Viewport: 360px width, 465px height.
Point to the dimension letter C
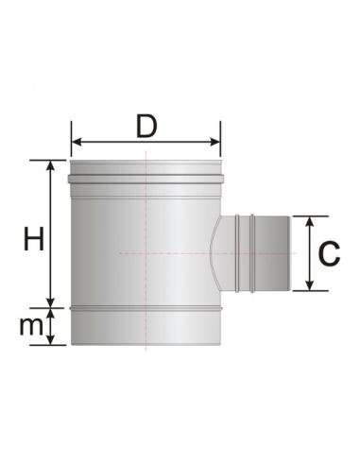click(x=328, y=252)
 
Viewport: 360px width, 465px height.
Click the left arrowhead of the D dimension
click(x=76, y=143)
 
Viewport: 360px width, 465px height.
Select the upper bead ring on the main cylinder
click(x=146, y=177)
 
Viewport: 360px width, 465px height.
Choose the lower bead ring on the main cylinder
click(x=146, y=307)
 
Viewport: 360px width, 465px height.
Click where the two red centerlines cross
click(x=146, y=253)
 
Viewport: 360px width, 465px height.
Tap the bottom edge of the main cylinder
click(x=146, y=345)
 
